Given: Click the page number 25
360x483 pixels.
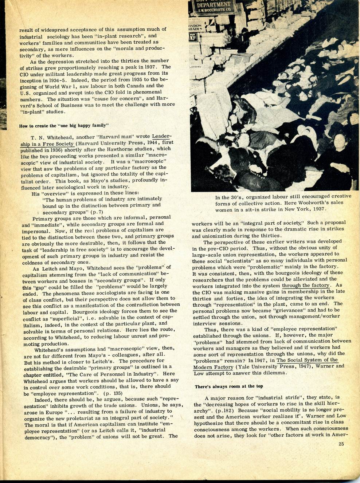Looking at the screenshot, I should (x=341, y=444).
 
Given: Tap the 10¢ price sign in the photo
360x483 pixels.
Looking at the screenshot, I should (x=193, y=37).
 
